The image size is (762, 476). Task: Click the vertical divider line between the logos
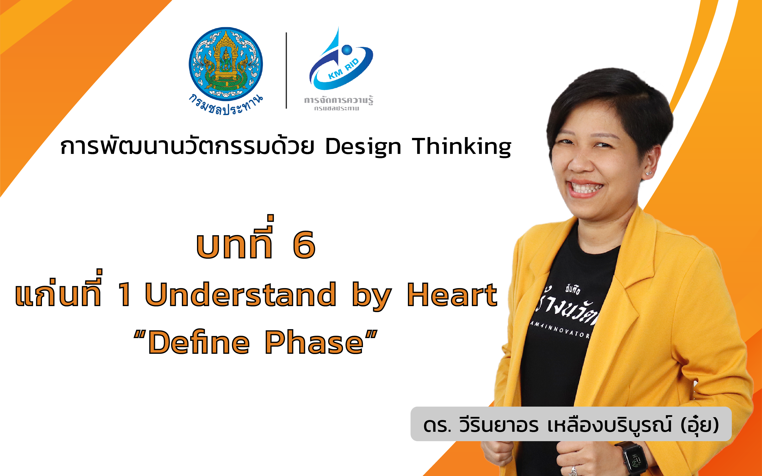click(286, 71)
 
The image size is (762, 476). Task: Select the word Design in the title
click(363, 147)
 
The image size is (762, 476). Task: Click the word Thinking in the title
click(461, 147)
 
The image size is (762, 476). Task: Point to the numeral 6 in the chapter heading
click(304, 245)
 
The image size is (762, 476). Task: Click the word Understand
click(240, 295)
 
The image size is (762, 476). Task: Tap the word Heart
click(452, 295)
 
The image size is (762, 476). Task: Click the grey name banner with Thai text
click(571, 424)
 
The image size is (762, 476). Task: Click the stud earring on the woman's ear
click(648, 173)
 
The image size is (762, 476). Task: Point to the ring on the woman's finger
click(573, 470)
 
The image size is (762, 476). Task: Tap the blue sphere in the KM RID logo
click(347, 50)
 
